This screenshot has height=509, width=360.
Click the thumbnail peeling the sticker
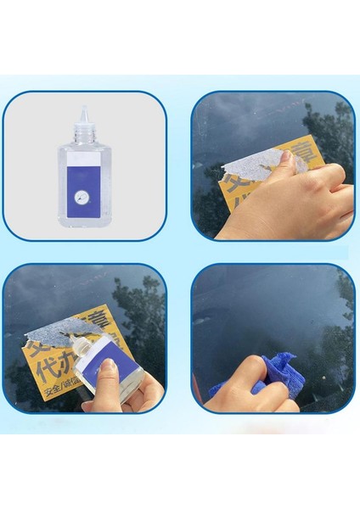(x=286, y=157)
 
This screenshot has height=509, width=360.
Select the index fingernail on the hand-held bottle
(x=107, y=365)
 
